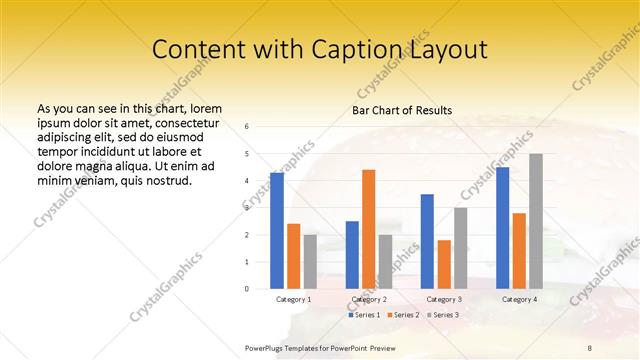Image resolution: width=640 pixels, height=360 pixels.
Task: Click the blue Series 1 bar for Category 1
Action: coord(277,230)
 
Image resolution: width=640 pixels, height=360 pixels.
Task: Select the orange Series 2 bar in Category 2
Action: coord(368,229)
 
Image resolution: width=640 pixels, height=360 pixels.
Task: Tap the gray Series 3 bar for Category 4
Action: coord(536,221)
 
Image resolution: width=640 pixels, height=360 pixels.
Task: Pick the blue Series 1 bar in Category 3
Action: coord(427,241)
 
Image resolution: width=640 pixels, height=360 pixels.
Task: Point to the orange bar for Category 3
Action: coord(444,264)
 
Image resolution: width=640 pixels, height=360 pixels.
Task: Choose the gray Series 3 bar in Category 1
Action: coord(310,261)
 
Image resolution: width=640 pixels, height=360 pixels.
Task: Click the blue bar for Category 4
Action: coord(502,227)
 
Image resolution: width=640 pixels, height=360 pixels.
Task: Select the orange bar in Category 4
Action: coord(519,250)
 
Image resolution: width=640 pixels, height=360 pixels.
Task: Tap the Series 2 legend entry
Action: coord(403,315)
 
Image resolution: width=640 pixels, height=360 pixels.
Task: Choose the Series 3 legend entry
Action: coord(441,315)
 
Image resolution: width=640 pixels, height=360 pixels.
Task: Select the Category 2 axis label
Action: coord(369,299)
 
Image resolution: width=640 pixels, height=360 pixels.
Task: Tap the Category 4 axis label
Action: coord(519,299)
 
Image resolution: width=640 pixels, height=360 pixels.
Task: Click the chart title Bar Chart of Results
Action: coord(403,110)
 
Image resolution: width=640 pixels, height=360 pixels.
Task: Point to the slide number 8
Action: coord(589,346)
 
